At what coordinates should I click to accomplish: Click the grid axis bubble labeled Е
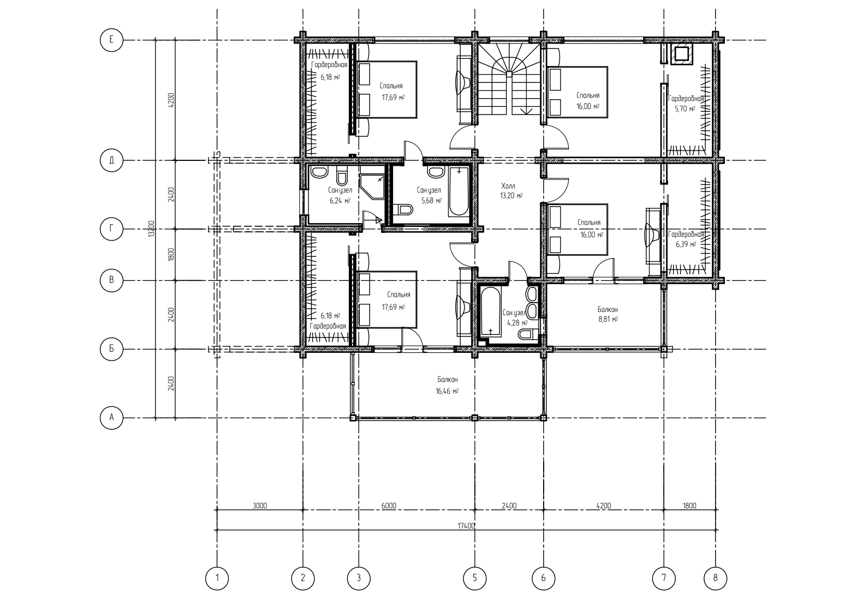pos(111,39)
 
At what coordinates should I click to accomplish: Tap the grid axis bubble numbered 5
pos(474,578)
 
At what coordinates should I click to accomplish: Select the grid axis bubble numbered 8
pos(716,578)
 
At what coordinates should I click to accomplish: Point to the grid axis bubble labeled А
pos(111,418)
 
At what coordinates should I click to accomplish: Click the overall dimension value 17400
pos(466,526)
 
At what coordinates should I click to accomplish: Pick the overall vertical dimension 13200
pos(152,229)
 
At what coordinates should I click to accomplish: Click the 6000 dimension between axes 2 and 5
pos(389,506)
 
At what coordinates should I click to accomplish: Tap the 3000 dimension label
pos(260,506)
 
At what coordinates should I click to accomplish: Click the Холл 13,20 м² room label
pos(511,191)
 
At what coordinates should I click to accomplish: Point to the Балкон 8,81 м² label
pos(608,314)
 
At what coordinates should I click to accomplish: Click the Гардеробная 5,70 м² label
pos(685,104)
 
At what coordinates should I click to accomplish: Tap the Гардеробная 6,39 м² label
pos(686,239)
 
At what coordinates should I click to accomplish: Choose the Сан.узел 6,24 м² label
pos(340,195)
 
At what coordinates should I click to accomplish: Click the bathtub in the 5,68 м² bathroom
pos(459,192)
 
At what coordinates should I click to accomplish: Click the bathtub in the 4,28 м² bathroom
pos(491,312)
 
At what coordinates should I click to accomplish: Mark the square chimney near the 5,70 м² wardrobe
pos(682,55)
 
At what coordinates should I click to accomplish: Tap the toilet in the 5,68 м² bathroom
pos(403,209)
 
